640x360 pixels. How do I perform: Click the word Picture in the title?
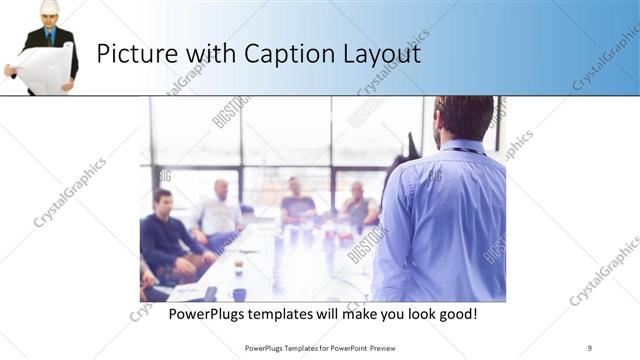pos(135,54)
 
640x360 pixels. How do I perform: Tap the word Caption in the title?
pos(285,54)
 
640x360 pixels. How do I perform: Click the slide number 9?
pos(590,347)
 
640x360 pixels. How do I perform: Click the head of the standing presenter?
pos(463,116)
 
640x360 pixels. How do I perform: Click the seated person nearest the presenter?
pos(357,205)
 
